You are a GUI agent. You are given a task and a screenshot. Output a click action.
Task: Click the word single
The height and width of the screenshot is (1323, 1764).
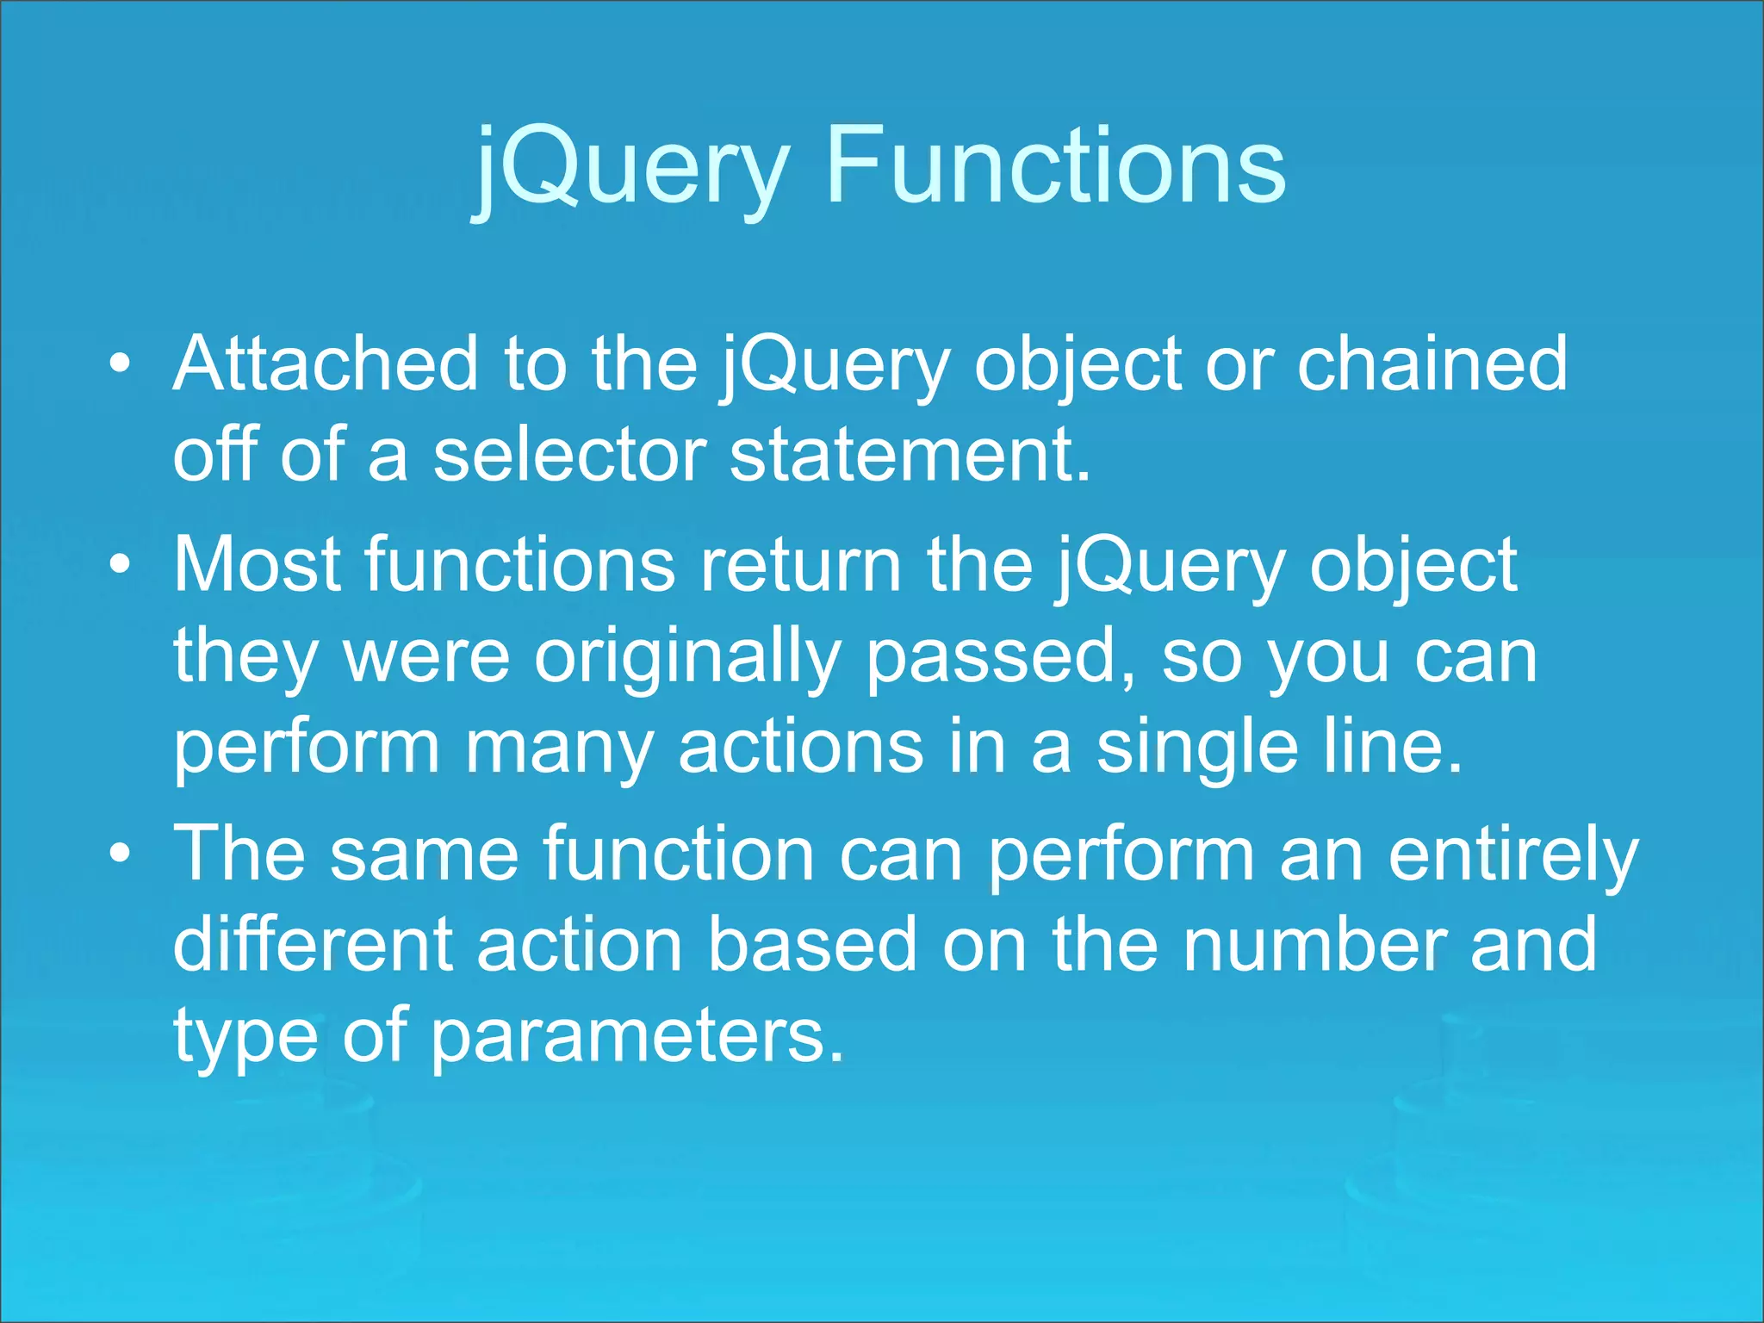coord(1196,748)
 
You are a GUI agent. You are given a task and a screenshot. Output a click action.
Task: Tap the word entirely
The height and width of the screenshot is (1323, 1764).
coord(1512,855)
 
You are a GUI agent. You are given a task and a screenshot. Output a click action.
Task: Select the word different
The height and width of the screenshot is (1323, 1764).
coord(312,945)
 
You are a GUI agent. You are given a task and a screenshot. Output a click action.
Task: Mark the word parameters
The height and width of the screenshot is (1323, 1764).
coord(637,1036)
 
